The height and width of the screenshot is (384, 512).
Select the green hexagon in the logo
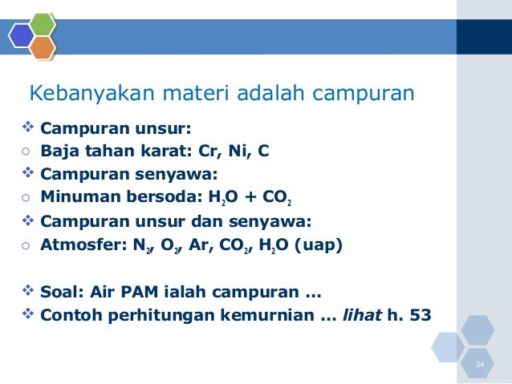(x=42, y=24)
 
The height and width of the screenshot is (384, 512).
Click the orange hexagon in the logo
(x=43, y=48)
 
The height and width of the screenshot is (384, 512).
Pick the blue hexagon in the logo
(x=22, y=36)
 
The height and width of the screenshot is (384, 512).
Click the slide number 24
(x=480, y=366)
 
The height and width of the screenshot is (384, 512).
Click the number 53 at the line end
(x=419, y=315)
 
